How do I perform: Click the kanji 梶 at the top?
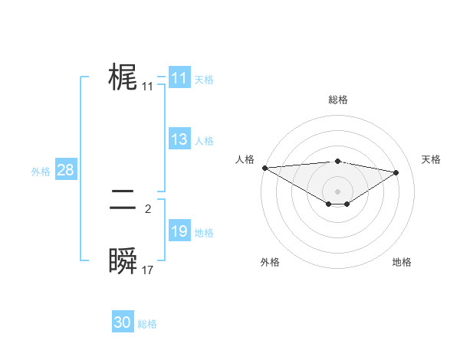click(x=123, y=78)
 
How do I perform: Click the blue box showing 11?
click(x=179, y=78)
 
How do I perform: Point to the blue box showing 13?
click(x=179, y=139)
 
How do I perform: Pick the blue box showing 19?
click(x=179, y=231)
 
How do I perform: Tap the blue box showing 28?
click(x=65, y=170)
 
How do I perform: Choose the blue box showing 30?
click(x=123, y=322)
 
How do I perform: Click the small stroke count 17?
click(x=148, y=270)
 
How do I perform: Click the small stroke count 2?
click(x=148, y=208)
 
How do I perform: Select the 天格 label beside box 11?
click(x=204, y=80)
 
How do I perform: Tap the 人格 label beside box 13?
click(x=204, y=141)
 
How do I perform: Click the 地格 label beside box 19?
click(x=204, y=233)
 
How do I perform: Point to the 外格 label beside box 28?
click(x=41, y=172)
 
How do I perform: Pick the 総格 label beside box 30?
click(x=147, y=324)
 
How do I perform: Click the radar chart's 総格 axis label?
click(x=337, y=100)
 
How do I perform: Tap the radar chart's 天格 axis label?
click(x=432, y=159)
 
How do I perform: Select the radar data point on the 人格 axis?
click(x=264, y=167)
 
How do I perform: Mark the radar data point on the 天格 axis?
click(x=396, y=172)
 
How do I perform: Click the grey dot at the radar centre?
click(x=337, y=191)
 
